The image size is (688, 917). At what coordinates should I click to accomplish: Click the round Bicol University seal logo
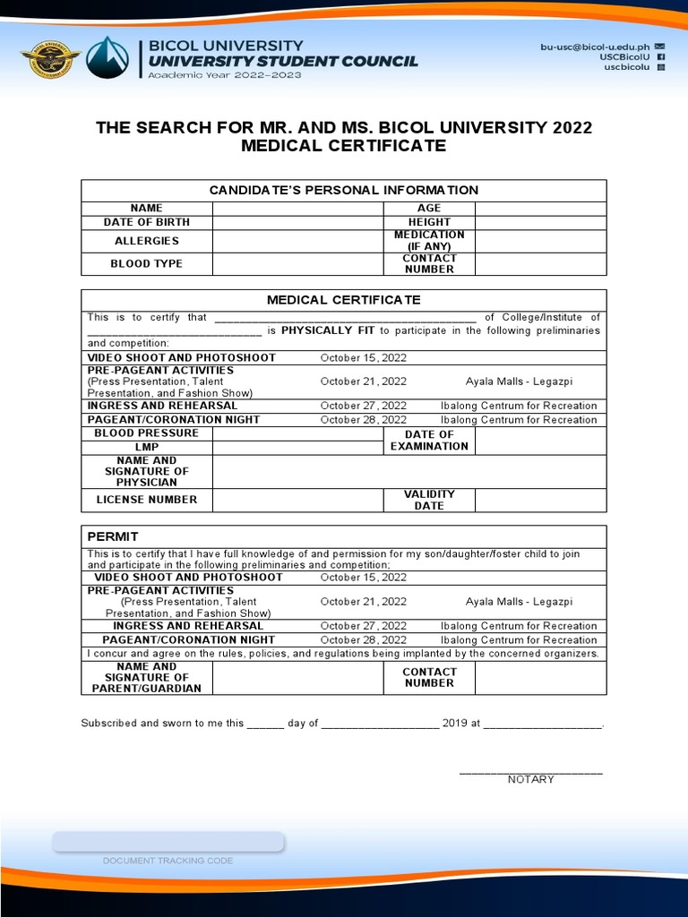click(x=50, y=58)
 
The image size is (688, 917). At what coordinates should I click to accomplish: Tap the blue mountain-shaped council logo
click(x=112, y=58)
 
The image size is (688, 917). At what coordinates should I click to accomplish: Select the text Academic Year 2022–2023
click(x=225, y=75)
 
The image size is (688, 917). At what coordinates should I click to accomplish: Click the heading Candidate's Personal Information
click(x=343, y=190)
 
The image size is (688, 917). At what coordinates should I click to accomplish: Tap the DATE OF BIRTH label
click(x=146, y=222)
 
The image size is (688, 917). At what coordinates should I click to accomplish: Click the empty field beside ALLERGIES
click(x=297, y=241)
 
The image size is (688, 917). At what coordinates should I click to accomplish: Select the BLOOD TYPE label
click(x=146, y=264)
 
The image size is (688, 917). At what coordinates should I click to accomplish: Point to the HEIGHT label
click(x=429, y=222)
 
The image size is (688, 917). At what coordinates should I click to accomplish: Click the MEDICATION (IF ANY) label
click(x=429, y=241)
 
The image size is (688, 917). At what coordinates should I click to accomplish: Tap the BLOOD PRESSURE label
click(x=146, y=433)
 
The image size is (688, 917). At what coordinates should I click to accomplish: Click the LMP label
click(x=146, y=447)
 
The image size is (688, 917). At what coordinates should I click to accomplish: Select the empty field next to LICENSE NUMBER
click(x=297, y=500)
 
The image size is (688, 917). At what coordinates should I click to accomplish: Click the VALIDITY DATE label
click(x=429, y=500)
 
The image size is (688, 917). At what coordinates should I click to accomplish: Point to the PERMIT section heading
click(x=113, y=536)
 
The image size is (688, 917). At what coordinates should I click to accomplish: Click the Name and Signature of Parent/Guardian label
click(x=146, y=678)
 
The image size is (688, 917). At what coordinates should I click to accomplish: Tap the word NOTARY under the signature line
click(x=530, y=780)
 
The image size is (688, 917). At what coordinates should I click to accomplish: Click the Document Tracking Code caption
click(x=168, y=861)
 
